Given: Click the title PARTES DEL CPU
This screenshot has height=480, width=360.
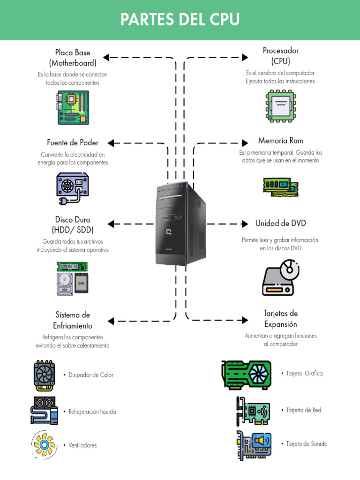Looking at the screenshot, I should pos(180,20).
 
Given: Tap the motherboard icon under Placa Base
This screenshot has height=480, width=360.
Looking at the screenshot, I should pos(73,107).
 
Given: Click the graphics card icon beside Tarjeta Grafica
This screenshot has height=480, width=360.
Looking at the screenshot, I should pos(246,375).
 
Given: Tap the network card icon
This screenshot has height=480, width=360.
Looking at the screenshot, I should pos(253,411).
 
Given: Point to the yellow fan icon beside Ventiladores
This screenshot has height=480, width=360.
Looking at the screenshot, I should pos(45,445).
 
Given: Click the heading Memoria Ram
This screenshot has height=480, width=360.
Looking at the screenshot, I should pos(280,141).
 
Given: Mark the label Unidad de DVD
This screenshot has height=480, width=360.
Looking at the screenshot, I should pos(280,223).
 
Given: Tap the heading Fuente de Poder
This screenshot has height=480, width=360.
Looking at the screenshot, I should pos(73,142).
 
